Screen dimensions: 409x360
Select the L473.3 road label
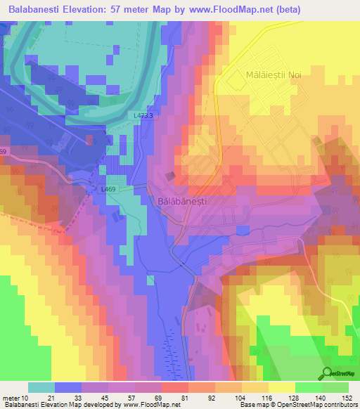coord(142,116)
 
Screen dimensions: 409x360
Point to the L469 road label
coord(108,190)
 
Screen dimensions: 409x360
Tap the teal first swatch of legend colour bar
coord(41,387)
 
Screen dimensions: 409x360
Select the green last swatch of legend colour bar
coord(335,387)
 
